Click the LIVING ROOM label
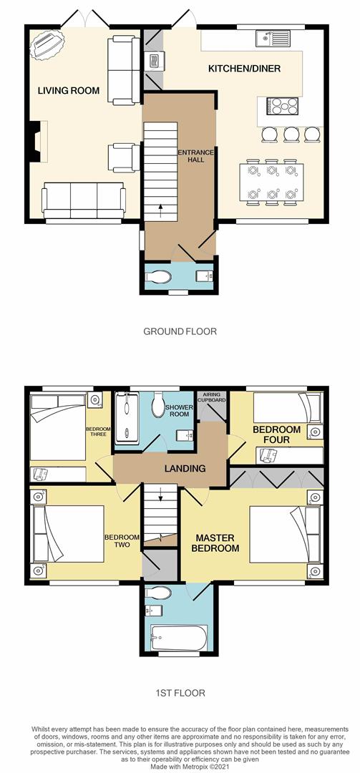pos(69,90)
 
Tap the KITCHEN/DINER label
pos(243,69)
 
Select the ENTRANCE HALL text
pos(191,155)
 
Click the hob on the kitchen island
pos(283,106)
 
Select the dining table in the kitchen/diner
pos(271,182)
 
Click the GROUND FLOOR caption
pos(180,331)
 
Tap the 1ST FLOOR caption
pos(180,693)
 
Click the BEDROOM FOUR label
pos(271,434)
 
